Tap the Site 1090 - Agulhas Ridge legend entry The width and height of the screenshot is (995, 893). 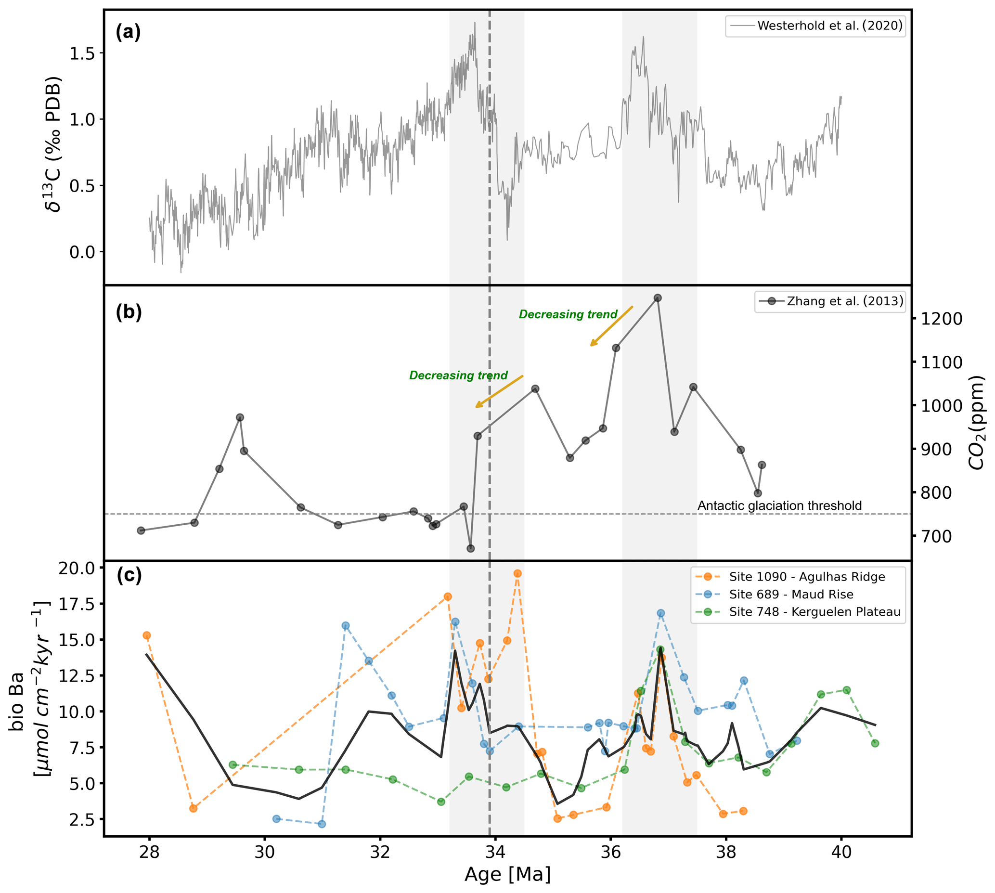[807, 577]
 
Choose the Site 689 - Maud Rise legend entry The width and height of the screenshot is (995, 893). [791, 594]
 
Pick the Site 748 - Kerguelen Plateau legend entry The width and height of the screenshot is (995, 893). [814, 612]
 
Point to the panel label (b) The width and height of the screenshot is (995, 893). [129, 312]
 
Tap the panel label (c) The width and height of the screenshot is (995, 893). [129, 575]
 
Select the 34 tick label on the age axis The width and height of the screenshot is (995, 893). [495, 852]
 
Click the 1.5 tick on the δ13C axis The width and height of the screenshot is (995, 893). [82, 53]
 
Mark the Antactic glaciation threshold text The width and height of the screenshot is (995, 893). [779, 505]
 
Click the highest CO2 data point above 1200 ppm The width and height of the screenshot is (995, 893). [658, 298]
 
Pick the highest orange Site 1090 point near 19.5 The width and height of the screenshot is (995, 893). [517, 573]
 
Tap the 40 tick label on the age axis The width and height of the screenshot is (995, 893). [841, 852]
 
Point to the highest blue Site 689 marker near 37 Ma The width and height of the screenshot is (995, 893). [660, 613]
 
